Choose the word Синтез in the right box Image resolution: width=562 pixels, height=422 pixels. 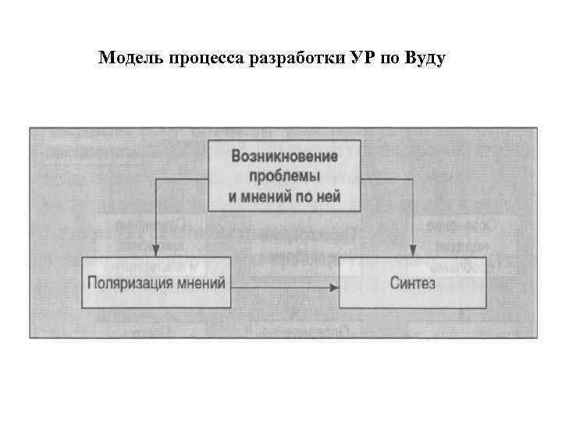[x=412, y=282]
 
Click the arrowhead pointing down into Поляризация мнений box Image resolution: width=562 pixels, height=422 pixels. [x=156, y=249]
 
